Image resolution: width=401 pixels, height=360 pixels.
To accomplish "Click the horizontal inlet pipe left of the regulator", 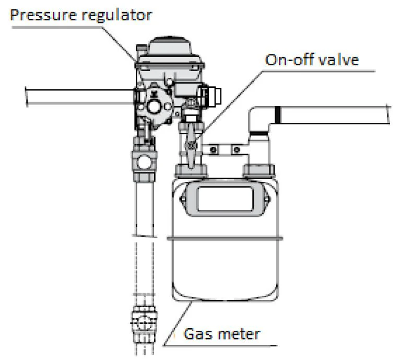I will point(78,96).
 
